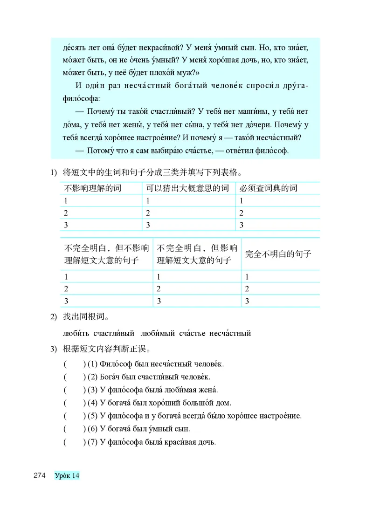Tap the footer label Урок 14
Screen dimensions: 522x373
click(x=67, y=475)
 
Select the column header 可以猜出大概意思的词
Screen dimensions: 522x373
click(x=187, y=188)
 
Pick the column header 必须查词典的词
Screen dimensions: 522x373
click(x=268, y=188)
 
